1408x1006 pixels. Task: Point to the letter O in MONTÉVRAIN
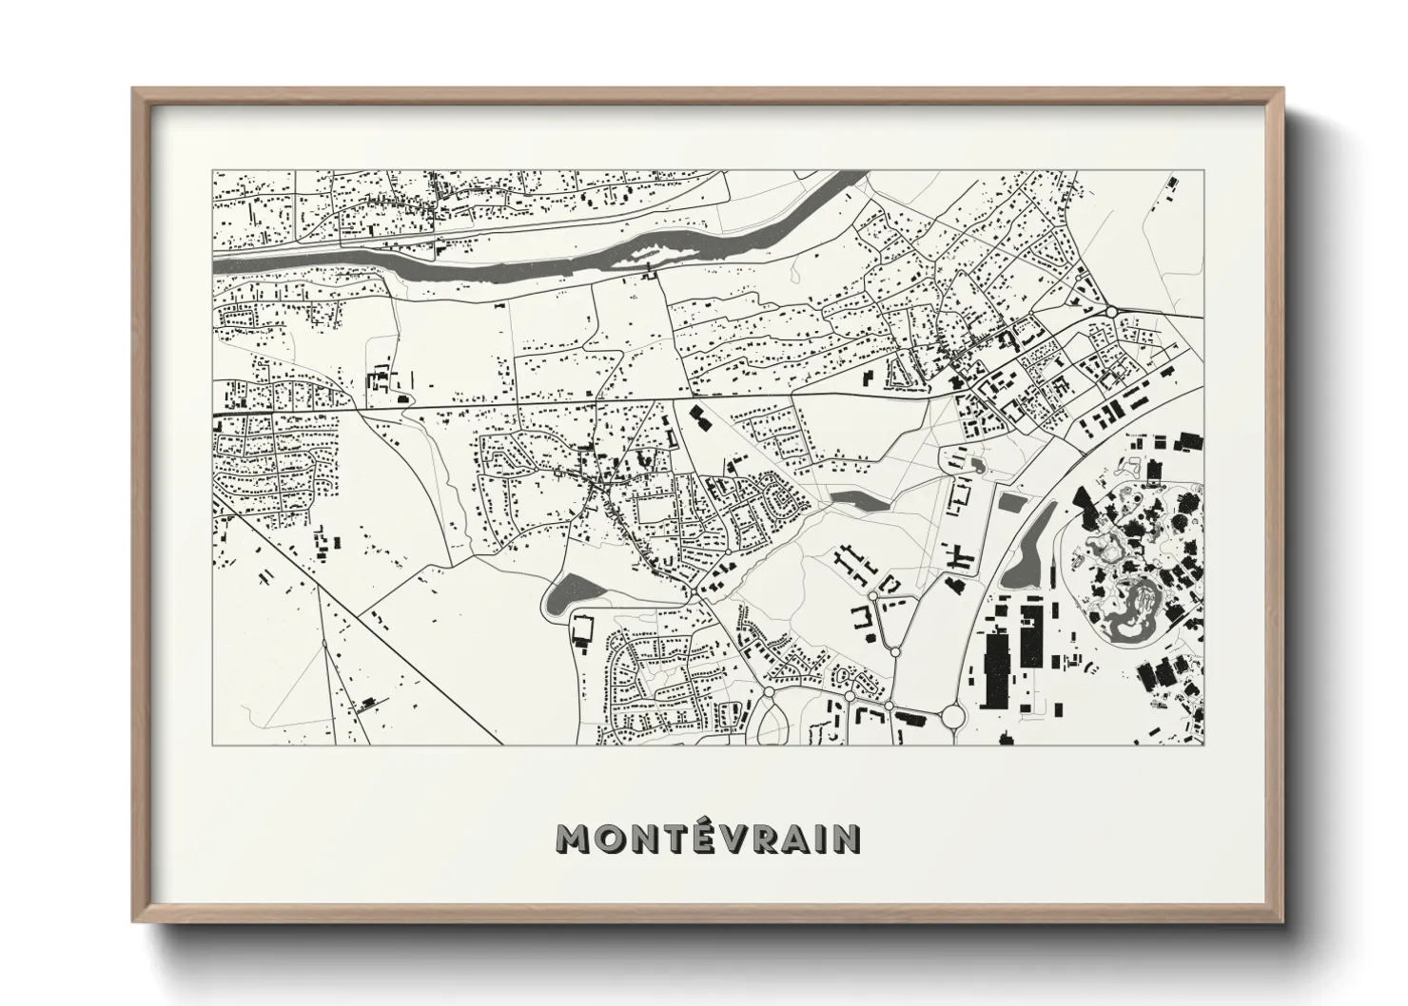click(x=612, y=838)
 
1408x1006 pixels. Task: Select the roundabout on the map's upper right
click(x=1111, y=311)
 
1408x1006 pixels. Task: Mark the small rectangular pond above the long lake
click(x=1010, y=501)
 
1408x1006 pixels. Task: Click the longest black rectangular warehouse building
click(x=996, y=669)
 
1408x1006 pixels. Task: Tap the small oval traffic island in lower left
click(x=324, y=645)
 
